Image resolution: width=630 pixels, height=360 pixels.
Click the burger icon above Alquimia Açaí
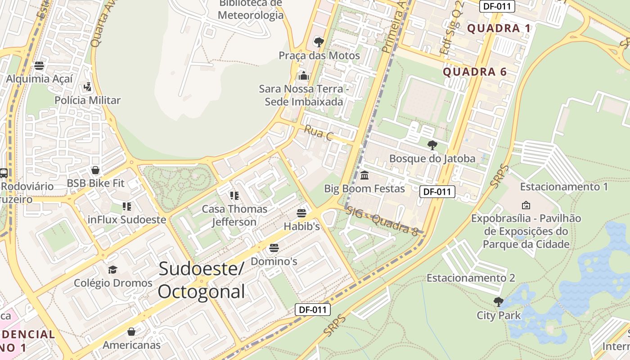(39, 66)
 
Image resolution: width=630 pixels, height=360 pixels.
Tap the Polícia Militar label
(87, 100)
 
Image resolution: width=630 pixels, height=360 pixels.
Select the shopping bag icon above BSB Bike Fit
(95, 170)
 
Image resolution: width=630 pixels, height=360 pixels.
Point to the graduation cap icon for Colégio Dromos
(112, 270)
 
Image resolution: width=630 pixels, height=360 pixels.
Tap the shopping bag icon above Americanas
(131, 332)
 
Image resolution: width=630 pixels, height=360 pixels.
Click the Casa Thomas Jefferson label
(234, 215)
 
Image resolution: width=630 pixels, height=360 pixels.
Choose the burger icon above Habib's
(301, 213)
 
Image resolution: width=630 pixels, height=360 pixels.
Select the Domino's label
(274, 261)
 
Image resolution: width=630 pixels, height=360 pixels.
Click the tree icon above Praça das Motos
(319, 42)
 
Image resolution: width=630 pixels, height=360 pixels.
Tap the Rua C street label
(318, 132)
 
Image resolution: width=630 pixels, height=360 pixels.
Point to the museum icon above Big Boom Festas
(364, 175)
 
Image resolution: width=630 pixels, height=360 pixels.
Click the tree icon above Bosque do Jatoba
(432, 145)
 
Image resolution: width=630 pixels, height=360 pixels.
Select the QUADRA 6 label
(475, 72)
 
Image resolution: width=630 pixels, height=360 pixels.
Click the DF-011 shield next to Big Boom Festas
(437, 192)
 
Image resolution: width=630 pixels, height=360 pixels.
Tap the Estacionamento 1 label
(564, 186)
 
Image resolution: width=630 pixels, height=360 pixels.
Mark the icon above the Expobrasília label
(526, 205)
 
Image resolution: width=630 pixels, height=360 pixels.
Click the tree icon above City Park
(498, 301)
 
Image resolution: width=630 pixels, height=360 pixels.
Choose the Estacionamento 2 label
(471, 278)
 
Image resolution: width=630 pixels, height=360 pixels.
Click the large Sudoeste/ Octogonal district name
(201, 280)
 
